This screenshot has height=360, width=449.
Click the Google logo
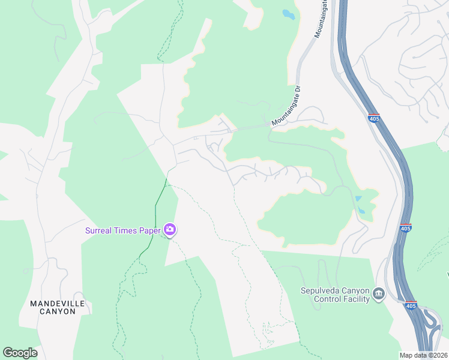[x=20, y=353]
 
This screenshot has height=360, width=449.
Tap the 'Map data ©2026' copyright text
[x=424, y=355]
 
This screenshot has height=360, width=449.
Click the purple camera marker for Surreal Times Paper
[x=170, y=230]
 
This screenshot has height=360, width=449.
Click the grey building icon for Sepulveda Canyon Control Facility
[x=378, y=293]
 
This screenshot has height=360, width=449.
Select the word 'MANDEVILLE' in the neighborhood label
[x=58, y=304]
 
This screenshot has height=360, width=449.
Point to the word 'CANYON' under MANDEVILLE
[x=58, y=312]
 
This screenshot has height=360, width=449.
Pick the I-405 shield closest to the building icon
[x=411, y=306]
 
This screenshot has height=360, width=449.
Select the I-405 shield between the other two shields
[x=406, y=229]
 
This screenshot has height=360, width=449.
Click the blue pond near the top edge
[x=289, y=14]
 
